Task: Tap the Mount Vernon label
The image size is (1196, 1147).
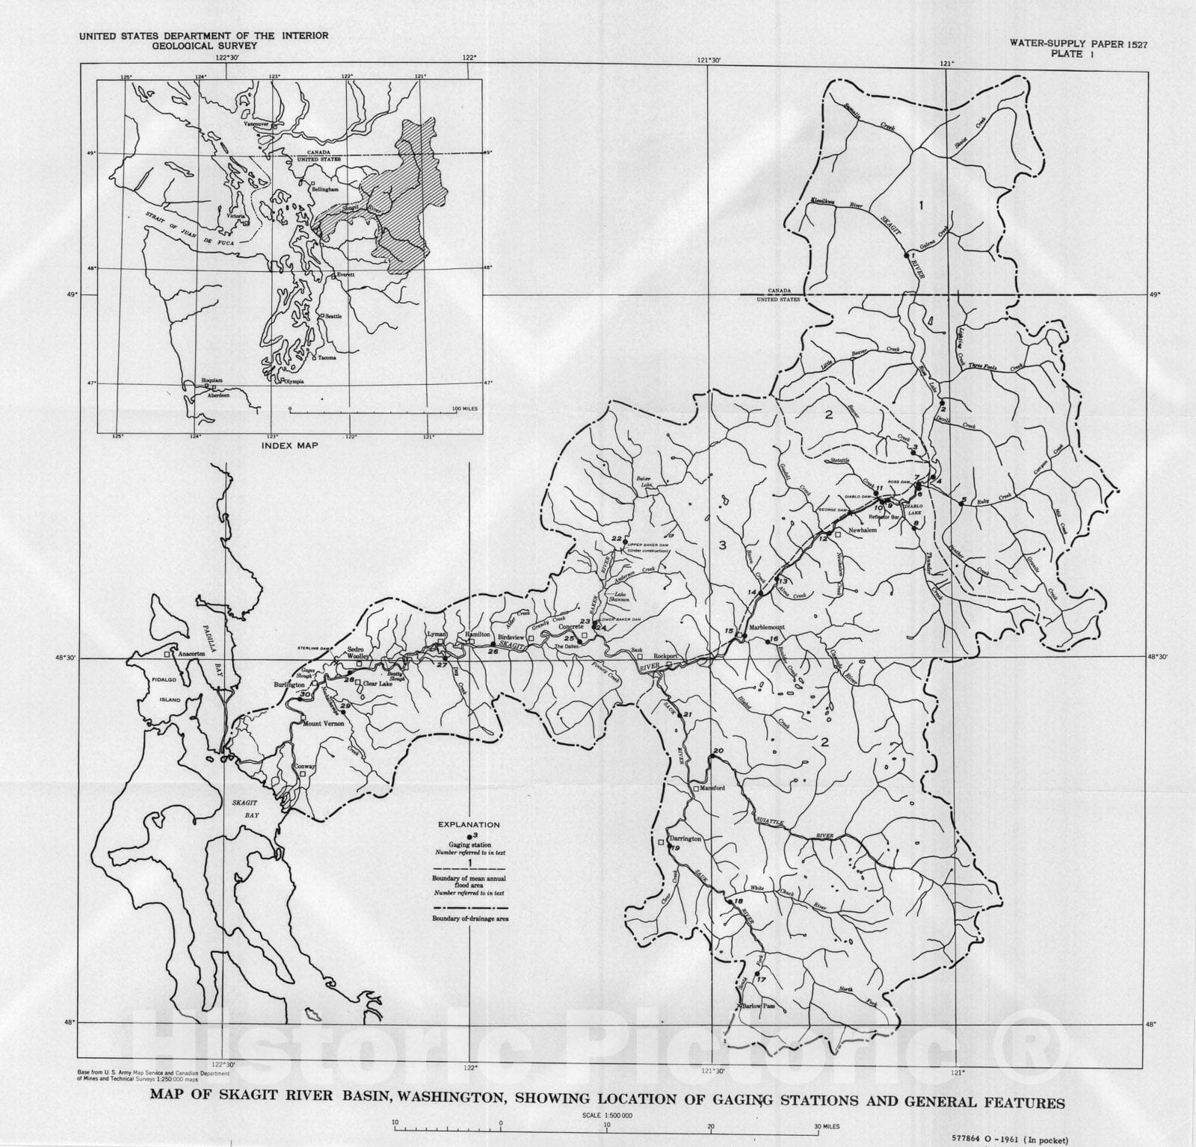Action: [x=321, y=723]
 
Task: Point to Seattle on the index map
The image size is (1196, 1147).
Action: [x=333, y=316]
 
